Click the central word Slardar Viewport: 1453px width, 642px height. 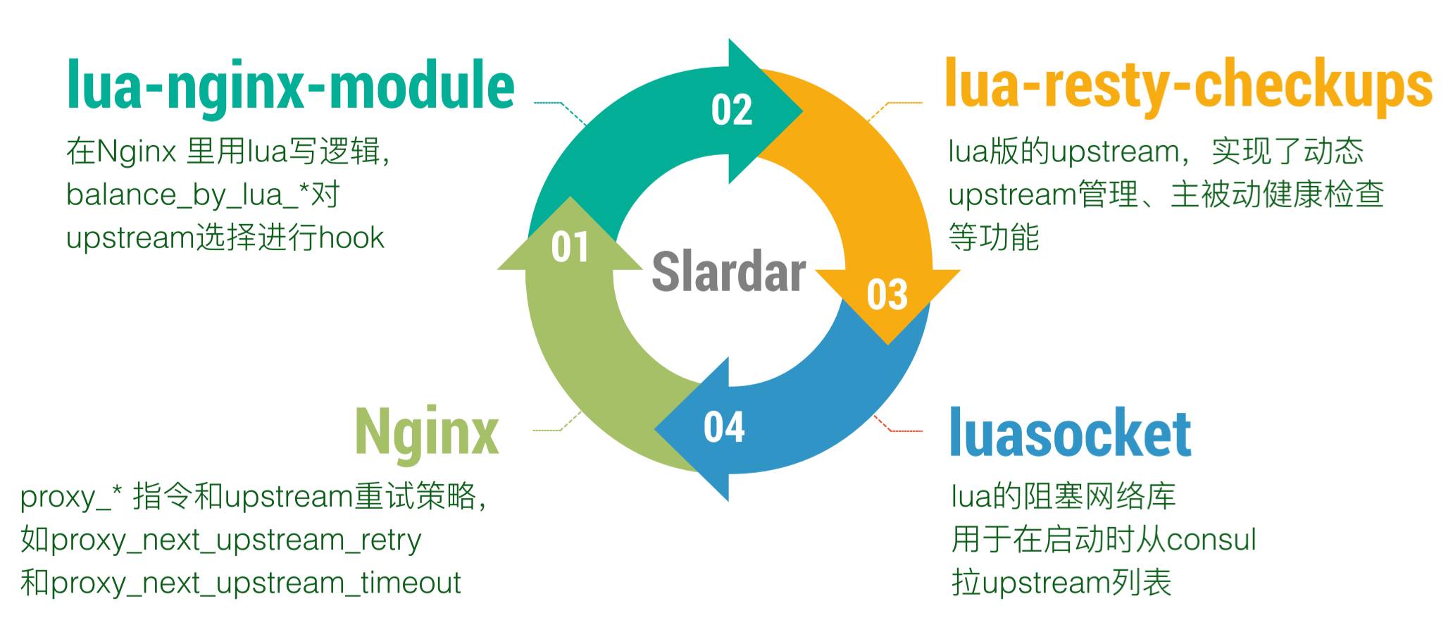[x=728, y=272]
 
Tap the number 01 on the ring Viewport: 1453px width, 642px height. [x=570, y=247]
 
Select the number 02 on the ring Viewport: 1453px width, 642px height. [x=731, y=111]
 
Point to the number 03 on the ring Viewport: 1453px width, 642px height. [x=887, y=295]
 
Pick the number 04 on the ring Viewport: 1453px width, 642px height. [x=723, y=427]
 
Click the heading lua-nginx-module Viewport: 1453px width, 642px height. [x=290, y=86]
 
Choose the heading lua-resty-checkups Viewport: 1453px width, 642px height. [x=1188, y=86]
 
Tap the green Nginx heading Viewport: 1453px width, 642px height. [x=427, y=431]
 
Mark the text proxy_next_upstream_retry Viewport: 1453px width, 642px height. [x=236, y=541]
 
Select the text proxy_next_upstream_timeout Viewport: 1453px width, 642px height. [x=256, y=584]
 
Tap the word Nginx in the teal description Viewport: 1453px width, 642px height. [x=136, y=152]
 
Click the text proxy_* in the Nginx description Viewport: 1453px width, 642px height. [x=71, y=498]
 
